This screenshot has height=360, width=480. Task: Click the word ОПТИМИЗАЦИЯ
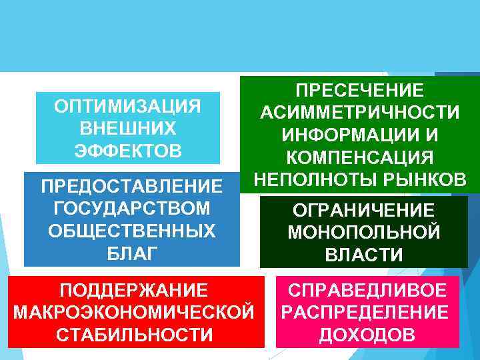coord(127,107)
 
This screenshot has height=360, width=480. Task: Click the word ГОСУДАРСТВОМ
coord(131,209)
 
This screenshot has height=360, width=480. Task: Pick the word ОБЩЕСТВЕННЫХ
coord(131,231)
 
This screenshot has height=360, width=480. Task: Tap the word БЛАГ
coord(131,253)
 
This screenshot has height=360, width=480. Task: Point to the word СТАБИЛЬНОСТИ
coord(133,333)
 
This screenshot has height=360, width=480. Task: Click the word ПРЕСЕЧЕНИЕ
coord(359,90)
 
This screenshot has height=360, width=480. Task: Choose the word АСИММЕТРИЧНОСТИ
coord(359,112)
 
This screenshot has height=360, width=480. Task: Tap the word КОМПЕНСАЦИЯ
coord(359,157)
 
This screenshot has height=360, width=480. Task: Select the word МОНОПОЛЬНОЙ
coord(363,232)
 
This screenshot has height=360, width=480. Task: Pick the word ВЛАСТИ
coord(363,254)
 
